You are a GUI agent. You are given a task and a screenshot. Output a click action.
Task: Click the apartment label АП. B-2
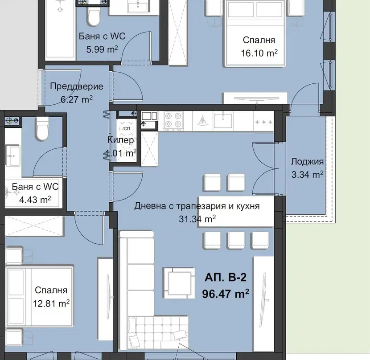[x=226, y=277]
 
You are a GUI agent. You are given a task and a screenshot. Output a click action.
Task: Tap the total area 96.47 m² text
[x=226, y=294]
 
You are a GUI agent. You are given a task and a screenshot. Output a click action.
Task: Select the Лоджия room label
[x=307, y=162]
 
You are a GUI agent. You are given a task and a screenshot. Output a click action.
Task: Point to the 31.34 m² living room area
[x=197, y=219]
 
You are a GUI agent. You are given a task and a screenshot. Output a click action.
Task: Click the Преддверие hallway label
[x=77, y=86]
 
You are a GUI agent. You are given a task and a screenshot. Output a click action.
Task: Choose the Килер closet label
[x=120, y=140]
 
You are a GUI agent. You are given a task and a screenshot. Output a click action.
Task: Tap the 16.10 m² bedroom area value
[x=259, y=53]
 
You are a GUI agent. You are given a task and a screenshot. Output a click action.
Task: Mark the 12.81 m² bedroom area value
[x=51, y=303]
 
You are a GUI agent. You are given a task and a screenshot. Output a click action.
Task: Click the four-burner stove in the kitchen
[x=173, y=121]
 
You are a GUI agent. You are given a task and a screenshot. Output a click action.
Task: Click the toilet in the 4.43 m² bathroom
[x=43, y=129]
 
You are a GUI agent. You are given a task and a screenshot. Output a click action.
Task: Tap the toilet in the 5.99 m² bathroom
[x=94, y=16]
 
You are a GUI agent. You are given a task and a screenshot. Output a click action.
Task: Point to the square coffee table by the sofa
[x=179, y=283]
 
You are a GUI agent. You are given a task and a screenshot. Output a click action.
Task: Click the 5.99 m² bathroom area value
[x=102, y=49]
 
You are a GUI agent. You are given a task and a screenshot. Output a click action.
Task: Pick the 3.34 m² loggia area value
[x=307, y=175]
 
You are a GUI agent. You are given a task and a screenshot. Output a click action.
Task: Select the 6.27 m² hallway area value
[x=77, y=99]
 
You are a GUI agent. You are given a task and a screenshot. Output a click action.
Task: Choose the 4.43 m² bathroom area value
[x=35, y=200]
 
